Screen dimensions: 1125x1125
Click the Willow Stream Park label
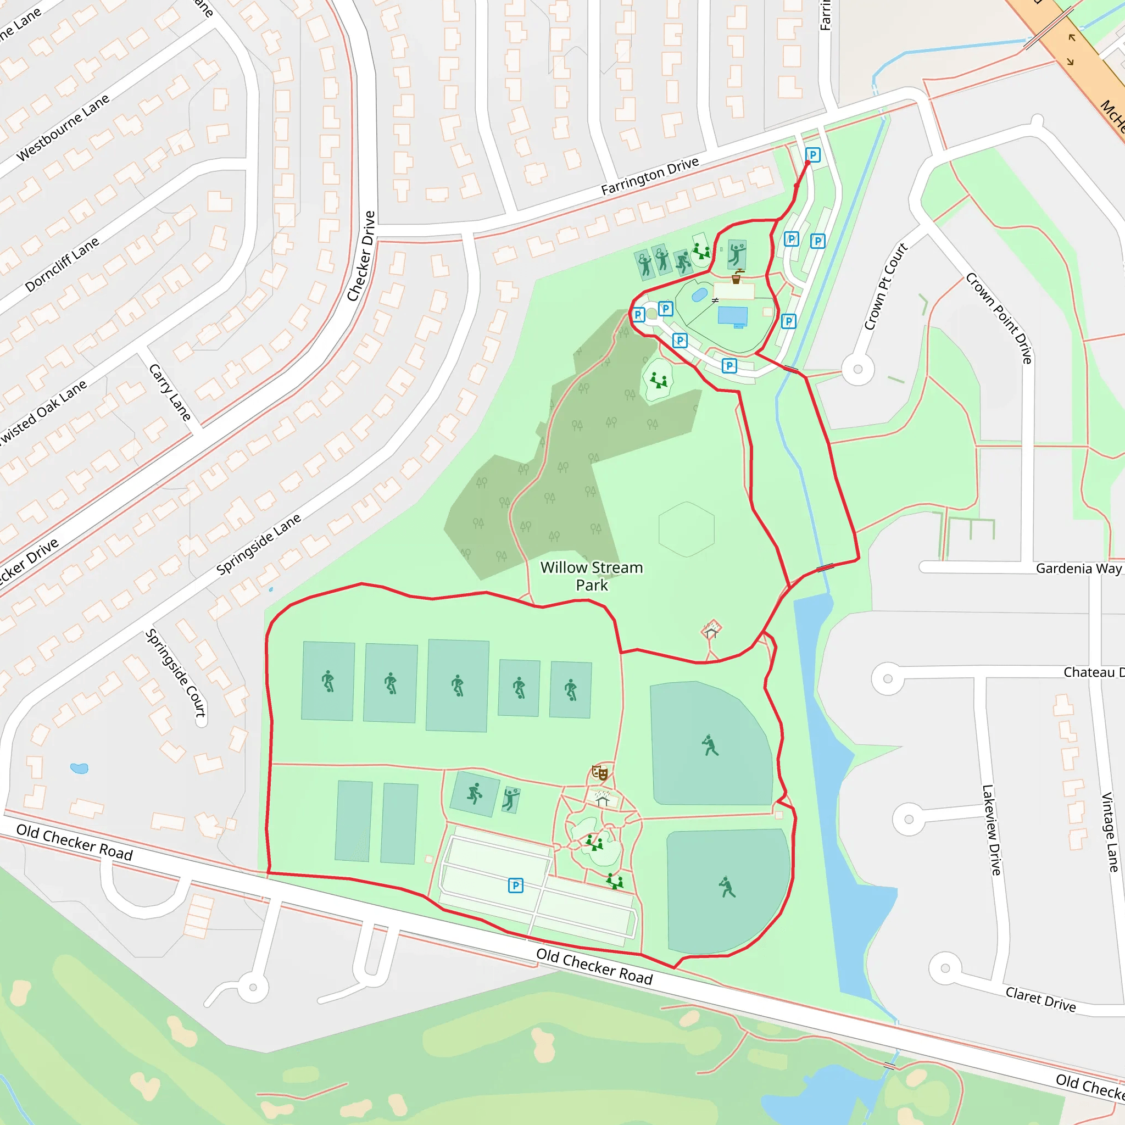(592, 576)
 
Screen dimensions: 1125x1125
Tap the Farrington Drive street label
(649, 176)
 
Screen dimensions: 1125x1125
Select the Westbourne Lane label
(63, 127)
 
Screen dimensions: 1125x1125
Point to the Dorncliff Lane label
(62, 264)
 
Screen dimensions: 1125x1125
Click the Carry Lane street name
(169, 392)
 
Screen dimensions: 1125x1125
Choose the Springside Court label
(175, 672)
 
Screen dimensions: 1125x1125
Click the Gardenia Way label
(1078, 569)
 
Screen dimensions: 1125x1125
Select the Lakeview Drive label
(992, 830)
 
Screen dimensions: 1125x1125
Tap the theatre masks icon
(600, 773)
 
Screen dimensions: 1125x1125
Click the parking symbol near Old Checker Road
(515, 885)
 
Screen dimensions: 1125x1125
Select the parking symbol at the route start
(813, 155)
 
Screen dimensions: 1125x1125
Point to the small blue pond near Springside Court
(79, 768)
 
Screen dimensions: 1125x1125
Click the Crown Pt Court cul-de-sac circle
(857, 369)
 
